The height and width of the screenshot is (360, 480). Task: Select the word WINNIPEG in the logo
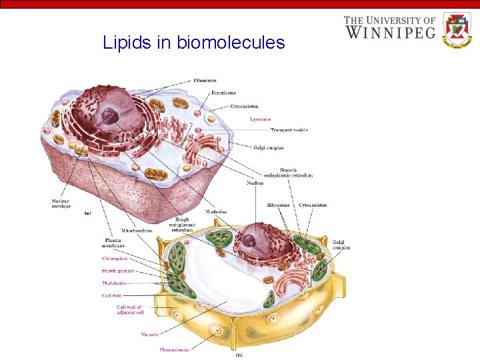390,31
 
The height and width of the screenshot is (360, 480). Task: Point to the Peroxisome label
223,93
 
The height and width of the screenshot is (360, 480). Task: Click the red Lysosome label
260,119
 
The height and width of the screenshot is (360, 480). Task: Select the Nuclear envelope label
61,203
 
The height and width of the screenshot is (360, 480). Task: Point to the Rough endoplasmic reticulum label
182,224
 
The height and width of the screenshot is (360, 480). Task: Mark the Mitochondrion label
136,231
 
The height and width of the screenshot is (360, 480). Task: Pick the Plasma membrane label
113,244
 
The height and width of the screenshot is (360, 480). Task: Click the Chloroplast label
114,258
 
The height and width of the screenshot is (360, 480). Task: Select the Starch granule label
117,271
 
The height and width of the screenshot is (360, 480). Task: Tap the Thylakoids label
115,283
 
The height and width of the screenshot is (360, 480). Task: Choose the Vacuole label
149,334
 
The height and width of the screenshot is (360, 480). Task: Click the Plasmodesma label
174,349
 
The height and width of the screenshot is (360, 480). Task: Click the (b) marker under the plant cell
239,355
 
